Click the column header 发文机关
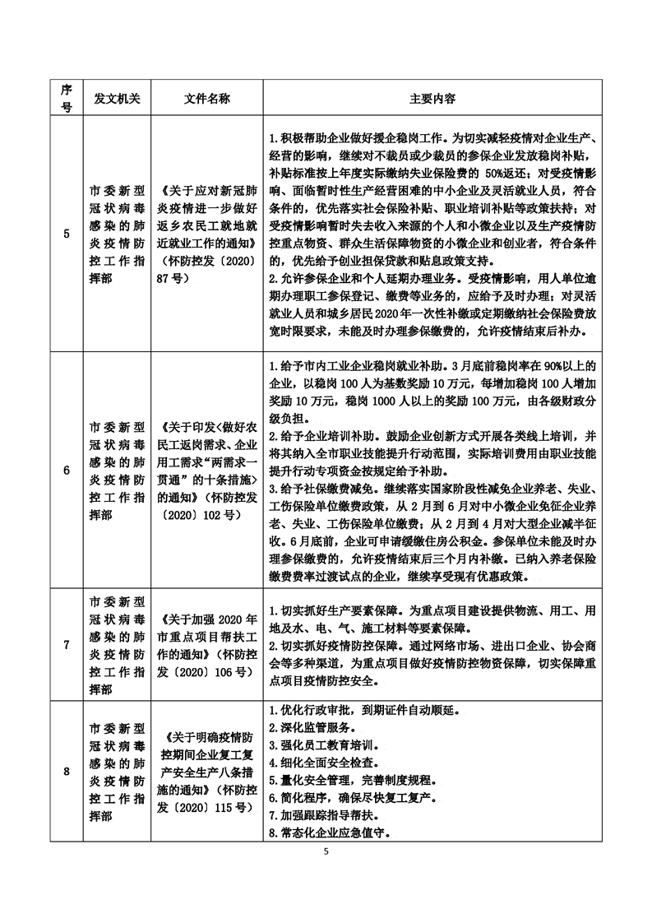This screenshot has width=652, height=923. pyautogui.click(x=118, y=98)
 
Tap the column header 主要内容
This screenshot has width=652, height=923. pyautogui.click(x=433, y=98)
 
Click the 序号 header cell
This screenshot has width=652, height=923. pyautogui.click(x=67, y=98)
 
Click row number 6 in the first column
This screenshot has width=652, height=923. pyautogui.click(x=67, y=470)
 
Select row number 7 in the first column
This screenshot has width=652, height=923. pyautogui.click(x=67, y=644)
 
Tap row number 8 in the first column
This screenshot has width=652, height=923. pyautogui.click(x=67, y=771)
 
